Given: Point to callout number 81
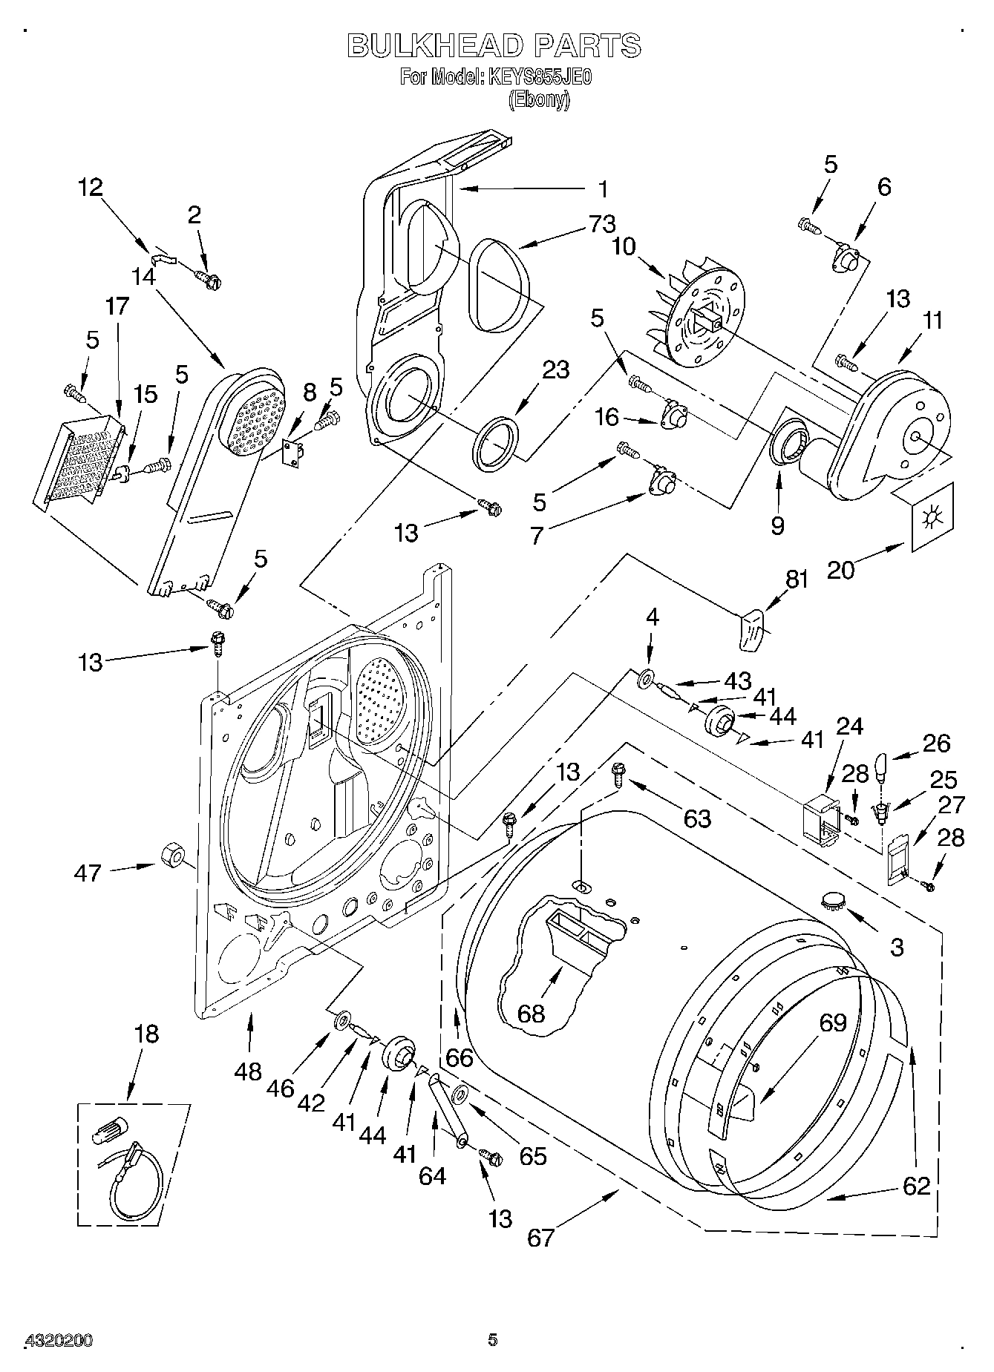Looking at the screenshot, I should pos(797,581).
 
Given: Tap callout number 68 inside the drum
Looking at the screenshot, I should pos(531,1013).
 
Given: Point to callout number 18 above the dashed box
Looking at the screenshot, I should pos(146,1034).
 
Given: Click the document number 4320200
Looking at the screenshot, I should pos(59,1341).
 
